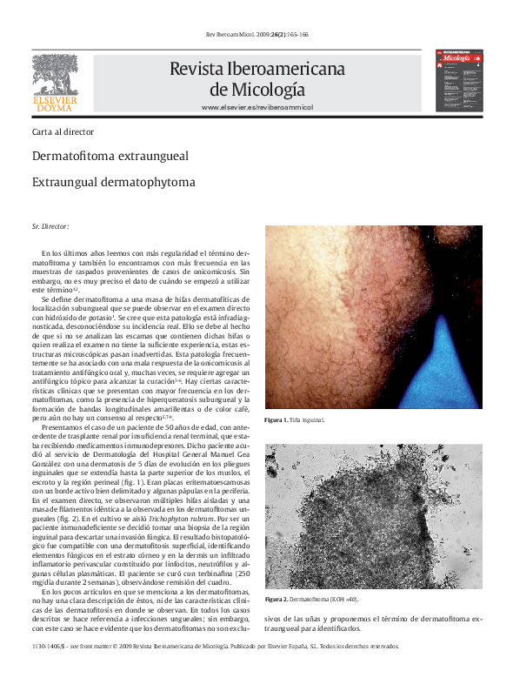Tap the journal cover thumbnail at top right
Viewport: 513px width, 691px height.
point(459,80)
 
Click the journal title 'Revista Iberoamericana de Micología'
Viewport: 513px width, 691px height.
point(256,78)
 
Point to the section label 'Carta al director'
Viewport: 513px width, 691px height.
point(63,132)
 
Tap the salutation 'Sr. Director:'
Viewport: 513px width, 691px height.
point(50,226)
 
